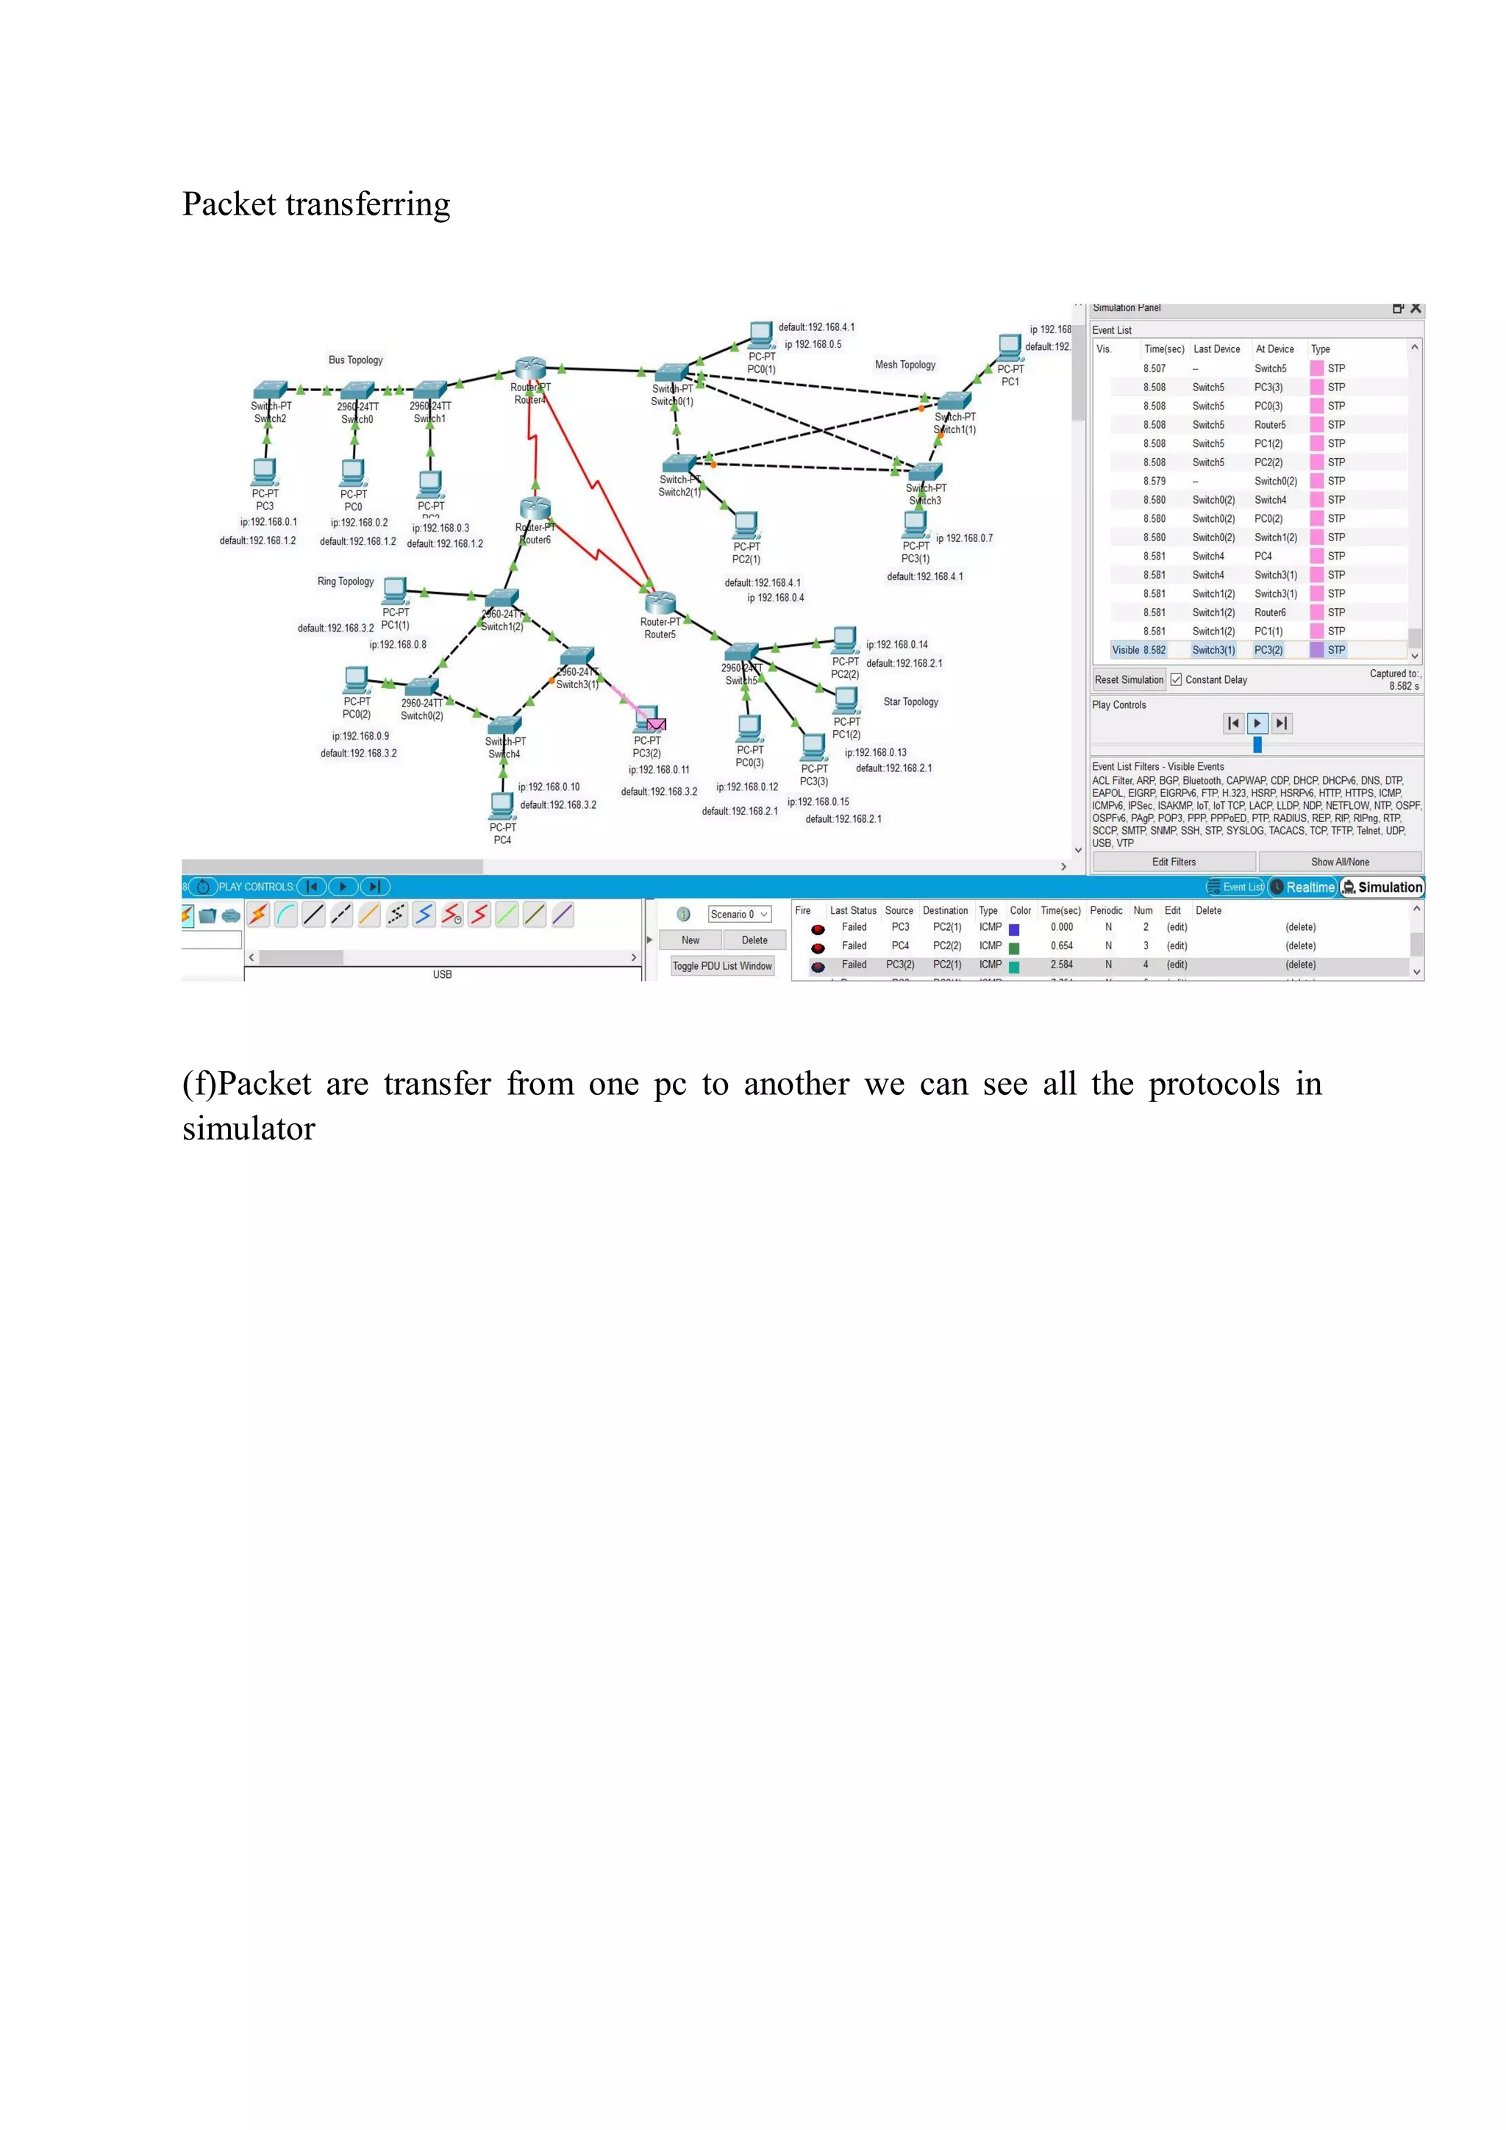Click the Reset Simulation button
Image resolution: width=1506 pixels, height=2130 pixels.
point(1128,680)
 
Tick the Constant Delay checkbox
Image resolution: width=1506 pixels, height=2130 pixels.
point(1176,680)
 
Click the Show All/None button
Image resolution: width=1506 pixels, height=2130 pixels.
point(1339,862)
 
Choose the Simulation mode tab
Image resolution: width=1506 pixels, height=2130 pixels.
point(1382,887)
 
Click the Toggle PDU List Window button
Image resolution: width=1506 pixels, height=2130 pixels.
point(722,965)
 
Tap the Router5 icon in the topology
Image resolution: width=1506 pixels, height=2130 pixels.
point(660,605)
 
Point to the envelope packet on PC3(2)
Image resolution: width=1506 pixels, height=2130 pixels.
point(656,724)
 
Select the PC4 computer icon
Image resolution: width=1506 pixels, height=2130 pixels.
point(502,804)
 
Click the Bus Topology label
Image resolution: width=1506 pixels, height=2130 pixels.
point(355,360)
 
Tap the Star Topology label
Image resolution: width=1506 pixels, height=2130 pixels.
point(910,702)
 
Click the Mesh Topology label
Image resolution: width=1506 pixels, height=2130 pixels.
point(904,365)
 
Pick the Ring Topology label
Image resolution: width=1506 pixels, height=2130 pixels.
point(345,582)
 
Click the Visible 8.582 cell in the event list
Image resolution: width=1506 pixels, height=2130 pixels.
point(1138,650)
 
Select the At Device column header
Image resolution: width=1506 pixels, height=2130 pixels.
point(1274,349)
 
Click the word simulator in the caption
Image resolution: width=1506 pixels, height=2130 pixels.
point(249,1129)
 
